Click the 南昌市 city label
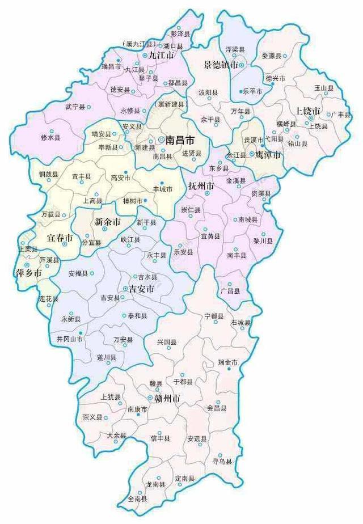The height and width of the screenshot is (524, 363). click(180, 139)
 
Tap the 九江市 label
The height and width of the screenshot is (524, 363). click(162, 56)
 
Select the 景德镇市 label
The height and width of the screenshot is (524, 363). click(221, 66)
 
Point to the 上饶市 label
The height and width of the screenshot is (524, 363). click(309, 110)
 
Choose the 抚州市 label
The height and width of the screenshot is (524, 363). click(201, 187)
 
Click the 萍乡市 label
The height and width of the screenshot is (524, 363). click(28, 273)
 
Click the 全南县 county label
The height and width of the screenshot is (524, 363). click(137, 499)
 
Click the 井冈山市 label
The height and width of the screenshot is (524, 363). click(70, 339)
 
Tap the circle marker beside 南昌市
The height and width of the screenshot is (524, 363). click(162, 139)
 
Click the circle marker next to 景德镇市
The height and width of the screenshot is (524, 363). click(242, 66)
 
